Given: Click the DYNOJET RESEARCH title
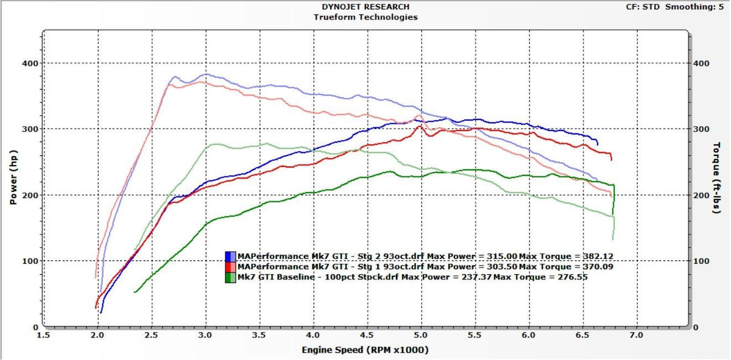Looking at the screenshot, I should click(365, 7).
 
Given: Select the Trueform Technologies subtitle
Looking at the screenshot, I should click(365, 17).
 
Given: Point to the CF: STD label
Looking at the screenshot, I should click(643, 7).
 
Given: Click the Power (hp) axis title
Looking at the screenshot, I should click(13, 178).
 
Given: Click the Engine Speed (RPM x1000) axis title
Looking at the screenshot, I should click(365, 350).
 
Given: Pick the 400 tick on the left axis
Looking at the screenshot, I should click(30, 63).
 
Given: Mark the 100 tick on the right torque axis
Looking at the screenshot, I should click(702, 261).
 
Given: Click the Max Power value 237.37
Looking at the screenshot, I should click(474, 277).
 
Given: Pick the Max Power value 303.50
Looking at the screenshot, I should click(500, 266).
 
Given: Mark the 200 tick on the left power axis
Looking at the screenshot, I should click(30, 195).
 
